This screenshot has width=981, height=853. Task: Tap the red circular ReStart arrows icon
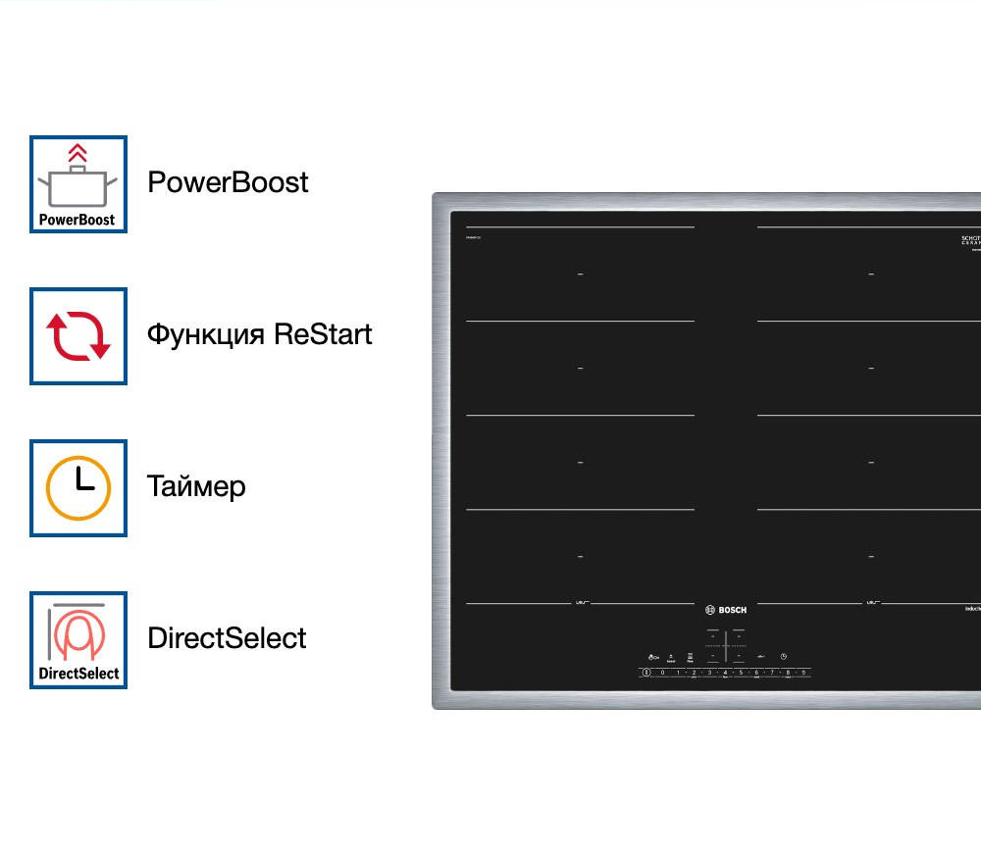coord(78,335)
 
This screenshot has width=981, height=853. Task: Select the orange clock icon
coord(78,487)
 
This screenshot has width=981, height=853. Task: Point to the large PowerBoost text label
coord(228,182)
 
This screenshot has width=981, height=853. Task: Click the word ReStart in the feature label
coord(323,334)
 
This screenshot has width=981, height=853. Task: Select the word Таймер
coord(196,486)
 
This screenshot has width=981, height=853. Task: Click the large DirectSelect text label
coord(227,638)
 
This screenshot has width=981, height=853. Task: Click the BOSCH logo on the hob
coord(725,610)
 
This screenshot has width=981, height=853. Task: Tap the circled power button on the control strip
coord(646,673)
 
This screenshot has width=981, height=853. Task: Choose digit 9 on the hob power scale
coord(803,673)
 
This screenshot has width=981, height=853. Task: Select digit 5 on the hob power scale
coord(741,673)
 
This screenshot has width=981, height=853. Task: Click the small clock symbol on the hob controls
coord(783,656)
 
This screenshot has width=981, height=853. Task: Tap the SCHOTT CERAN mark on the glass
coord(970,242)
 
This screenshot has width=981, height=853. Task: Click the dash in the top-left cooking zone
coord(580,275)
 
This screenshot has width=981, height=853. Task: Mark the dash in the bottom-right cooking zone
coord(871,557)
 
